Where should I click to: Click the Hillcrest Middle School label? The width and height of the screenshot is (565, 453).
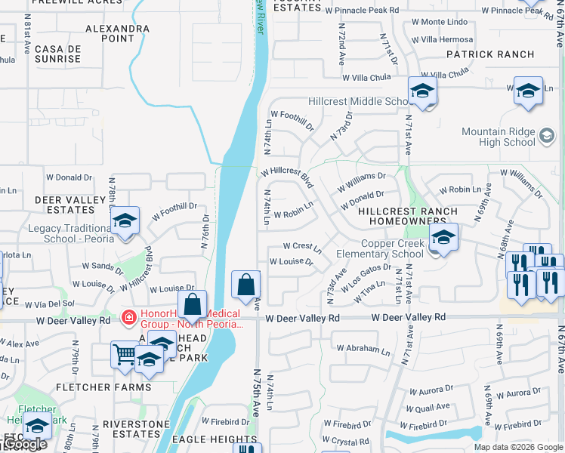point(359,102)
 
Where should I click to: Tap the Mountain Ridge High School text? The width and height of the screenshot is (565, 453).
point(498,137)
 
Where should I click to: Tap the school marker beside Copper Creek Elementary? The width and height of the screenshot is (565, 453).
point(443,238)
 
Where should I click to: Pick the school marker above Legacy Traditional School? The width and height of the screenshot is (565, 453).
point(125,221)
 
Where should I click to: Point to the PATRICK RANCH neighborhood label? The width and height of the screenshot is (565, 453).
point(489,54)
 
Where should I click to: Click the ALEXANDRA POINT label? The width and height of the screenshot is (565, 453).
point(117,33)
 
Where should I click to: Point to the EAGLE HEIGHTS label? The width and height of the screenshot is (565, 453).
point(214,439)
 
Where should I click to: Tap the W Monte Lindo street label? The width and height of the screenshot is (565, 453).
point(440,22)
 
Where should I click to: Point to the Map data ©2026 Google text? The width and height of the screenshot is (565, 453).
point(517,447)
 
